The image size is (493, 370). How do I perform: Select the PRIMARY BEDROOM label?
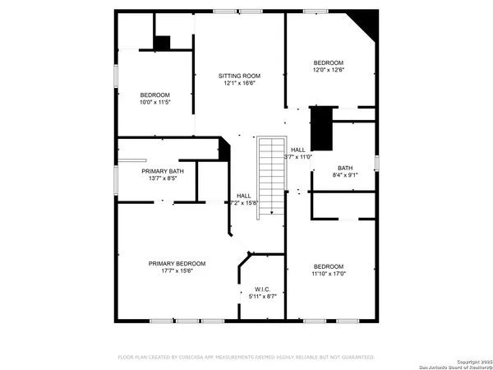(177, 263)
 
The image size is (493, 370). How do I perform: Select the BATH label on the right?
(344, 167)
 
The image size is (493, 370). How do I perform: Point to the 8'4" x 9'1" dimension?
(344, 174)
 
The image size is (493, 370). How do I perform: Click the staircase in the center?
(270, 178)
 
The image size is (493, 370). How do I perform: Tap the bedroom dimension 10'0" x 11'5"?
(154, 103)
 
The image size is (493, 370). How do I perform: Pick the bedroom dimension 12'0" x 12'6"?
(328, 71)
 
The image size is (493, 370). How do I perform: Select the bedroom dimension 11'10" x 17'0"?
(328, 274)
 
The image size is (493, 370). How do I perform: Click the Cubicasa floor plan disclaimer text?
(246, 357)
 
